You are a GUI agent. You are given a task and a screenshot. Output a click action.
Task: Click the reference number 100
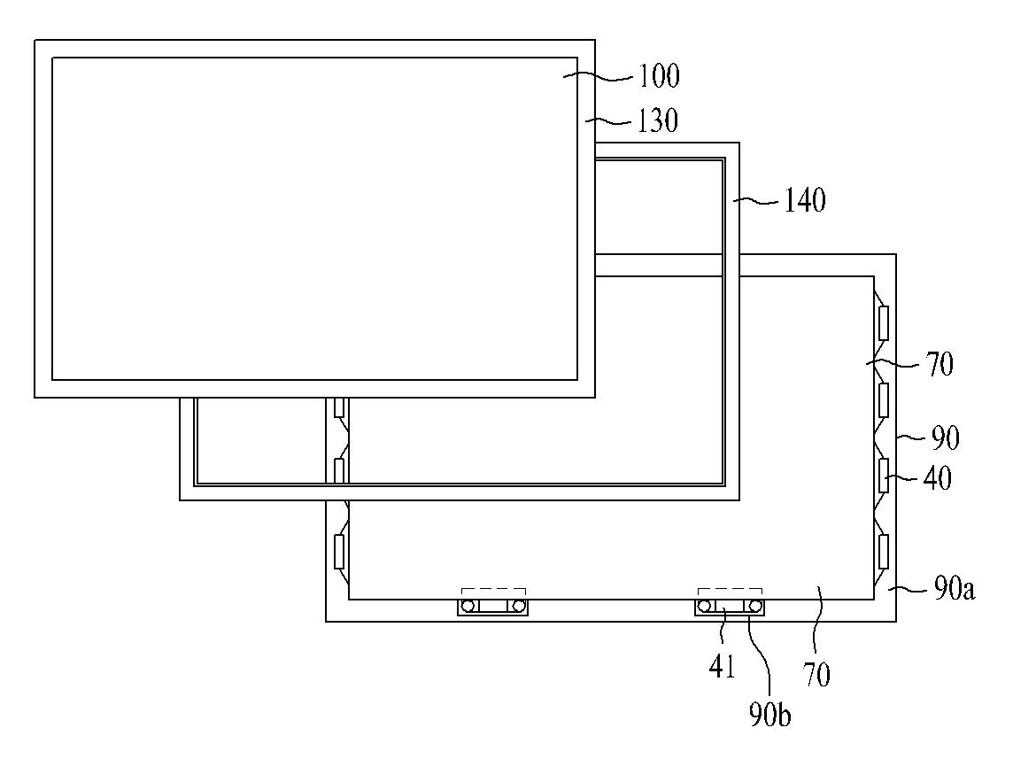point(659,77)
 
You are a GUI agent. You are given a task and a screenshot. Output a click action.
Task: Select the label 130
point(657,120)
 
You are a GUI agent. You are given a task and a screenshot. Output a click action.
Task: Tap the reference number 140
point(804,201)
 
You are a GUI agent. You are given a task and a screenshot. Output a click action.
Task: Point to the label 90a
point(954,589)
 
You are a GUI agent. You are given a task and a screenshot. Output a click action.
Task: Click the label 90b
point(769,714)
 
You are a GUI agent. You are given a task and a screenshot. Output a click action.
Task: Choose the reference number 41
point(722,666)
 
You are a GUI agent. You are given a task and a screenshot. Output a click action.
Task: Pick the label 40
point(937,478)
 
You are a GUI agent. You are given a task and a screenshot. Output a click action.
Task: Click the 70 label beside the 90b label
point(816,675)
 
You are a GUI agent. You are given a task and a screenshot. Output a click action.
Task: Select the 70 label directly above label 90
point(939,365)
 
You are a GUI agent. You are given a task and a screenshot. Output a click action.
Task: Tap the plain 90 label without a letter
point(943,438)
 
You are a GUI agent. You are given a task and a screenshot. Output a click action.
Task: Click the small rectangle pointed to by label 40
point(883,476)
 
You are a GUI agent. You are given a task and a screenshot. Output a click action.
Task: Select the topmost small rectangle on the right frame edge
point(883,323)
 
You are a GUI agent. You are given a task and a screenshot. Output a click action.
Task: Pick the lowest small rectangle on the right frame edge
point(883,551)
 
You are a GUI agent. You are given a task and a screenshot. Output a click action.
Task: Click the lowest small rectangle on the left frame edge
point(338,551)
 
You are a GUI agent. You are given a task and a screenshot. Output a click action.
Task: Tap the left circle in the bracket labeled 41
point(705,607)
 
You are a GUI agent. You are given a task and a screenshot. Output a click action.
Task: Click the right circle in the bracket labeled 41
point(754,607)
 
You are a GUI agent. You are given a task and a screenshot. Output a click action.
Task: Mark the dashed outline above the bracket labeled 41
point(730,591)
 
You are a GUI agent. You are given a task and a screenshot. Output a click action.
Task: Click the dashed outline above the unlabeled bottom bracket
point(493,591)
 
